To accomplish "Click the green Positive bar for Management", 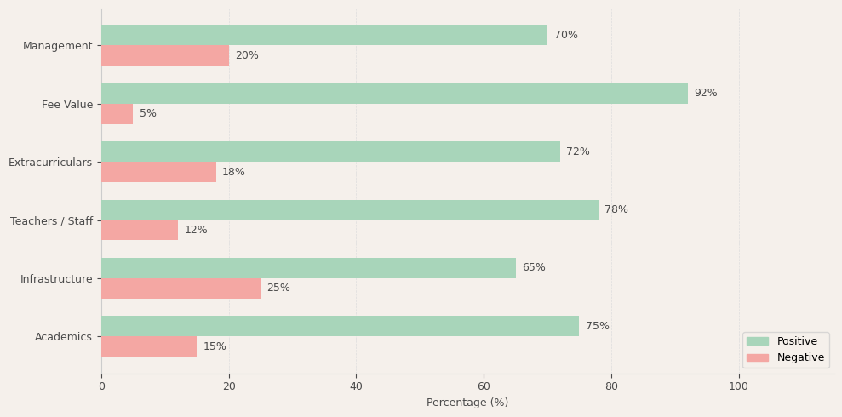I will point(324,35).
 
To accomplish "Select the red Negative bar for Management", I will point(165,55).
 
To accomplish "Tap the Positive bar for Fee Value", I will point(394,94).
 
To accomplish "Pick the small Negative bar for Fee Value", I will point(117,114).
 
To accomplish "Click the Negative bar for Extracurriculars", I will point(158,172).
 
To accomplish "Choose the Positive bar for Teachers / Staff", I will point(350,210).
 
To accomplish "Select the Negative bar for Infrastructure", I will point(180,288).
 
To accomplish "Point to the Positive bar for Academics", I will point(340,326).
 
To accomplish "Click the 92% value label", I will point(706,94).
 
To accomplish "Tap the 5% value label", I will point(148,114).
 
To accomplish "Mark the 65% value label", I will point(534,268).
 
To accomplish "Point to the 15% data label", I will point(215,347).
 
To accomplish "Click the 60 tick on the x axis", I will point(484,386).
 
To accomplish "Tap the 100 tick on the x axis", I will point(738,386).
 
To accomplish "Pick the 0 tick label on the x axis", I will point(101,386).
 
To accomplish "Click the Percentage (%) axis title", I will point(467,403).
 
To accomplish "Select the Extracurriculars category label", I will point(50,163).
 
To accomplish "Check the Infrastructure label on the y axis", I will point(56,279).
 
